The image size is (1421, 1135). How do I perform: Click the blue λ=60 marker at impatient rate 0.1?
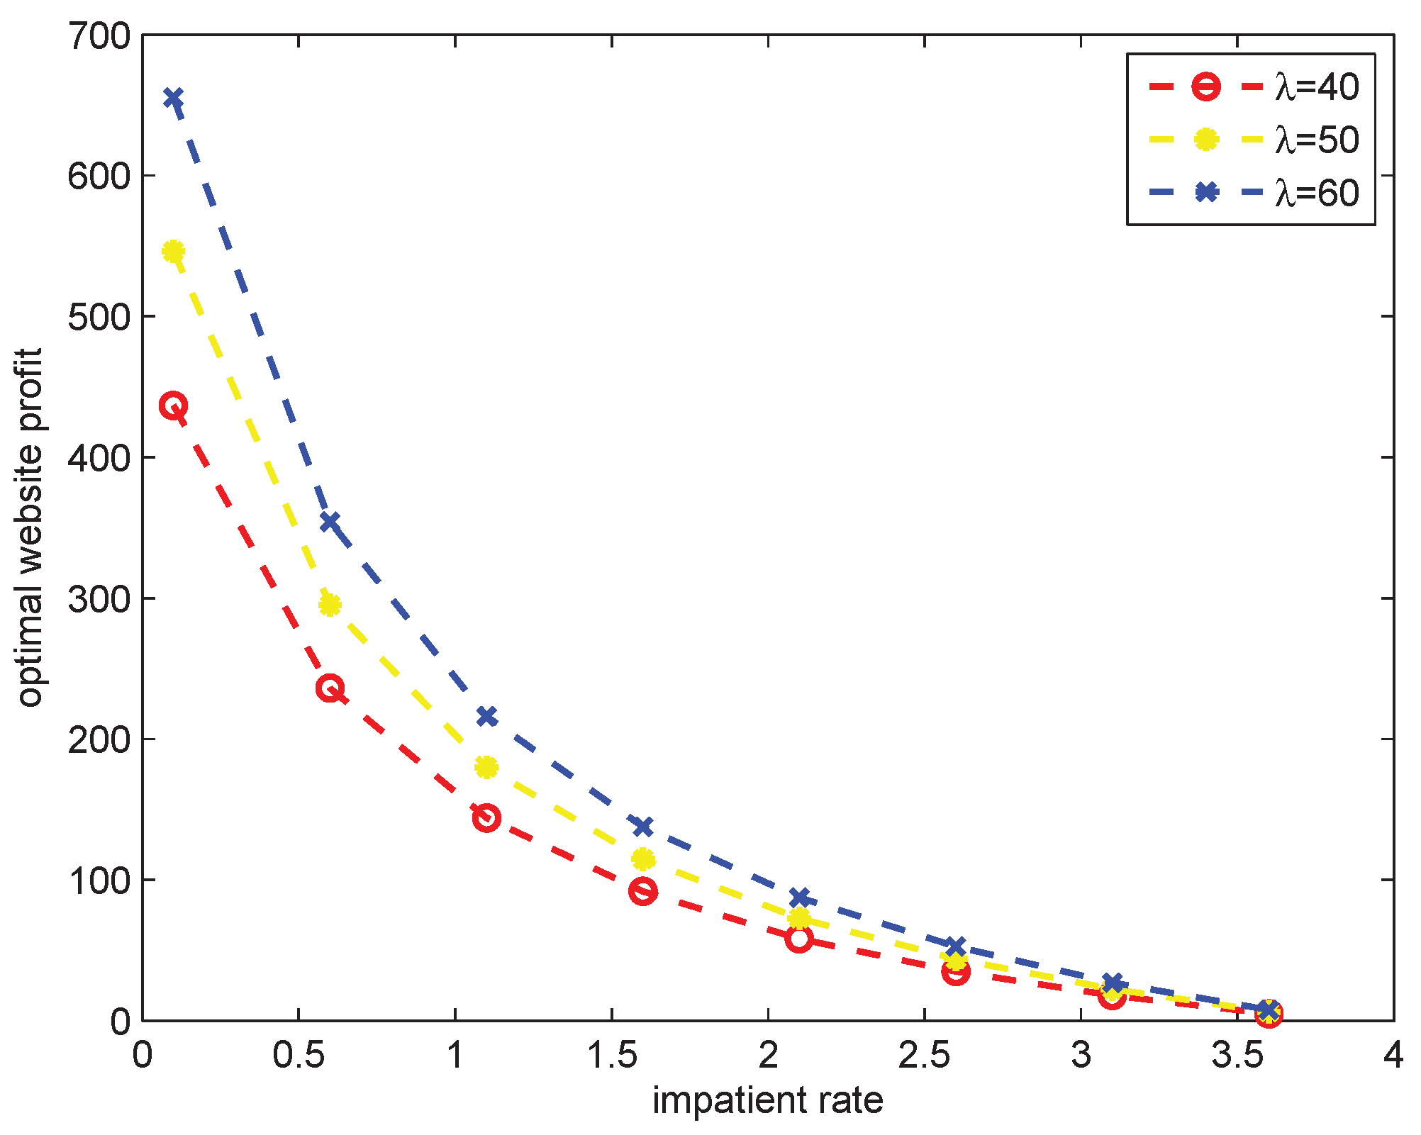coord(174,97)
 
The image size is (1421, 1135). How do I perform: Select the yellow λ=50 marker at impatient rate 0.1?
coord(174,251)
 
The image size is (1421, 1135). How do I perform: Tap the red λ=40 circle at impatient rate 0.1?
coord(174,406)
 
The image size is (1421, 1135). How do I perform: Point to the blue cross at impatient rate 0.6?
coord(330,522)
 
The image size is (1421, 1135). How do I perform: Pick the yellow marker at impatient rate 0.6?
coord(330,605)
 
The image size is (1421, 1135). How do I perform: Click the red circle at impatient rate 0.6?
coord(330,688)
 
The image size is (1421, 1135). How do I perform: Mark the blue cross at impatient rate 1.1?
coord(486,716)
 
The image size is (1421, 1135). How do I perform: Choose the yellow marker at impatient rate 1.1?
coord(486,766)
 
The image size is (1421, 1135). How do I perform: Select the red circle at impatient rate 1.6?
coord(642,891)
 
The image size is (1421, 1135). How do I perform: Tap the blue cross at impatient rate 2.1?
coord(799,898)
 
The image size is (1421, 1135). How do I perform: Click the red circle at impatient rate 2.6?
coord(956,972)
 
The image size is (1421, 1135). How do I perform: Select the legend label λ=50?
coord(1317,140)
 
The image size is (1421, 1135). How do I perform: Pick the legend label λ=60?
coord(1317,192)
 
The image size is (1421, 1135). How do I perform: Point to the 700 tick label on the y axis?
coord(99,35)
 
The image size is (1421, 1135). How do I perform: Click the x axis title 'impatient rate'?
coord(768,1101)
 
